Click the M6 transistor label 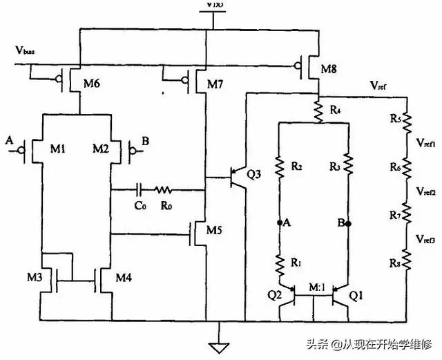coord(93,84)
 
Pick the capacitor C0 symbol coord(140,188)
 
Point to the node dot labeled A coord(280,223)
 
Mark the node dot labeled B coord(349,223)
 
